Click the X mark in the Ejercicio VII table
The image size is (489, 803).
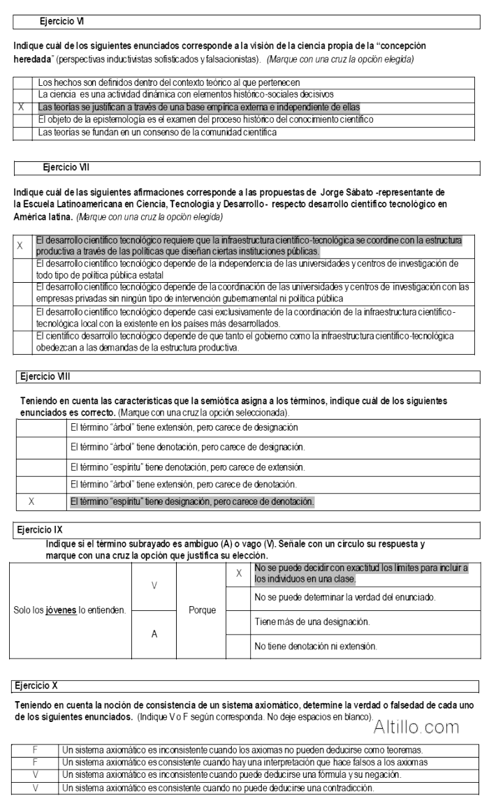[20, 246]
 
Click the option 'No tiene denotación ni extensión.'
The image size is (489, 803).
[316, 646]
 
